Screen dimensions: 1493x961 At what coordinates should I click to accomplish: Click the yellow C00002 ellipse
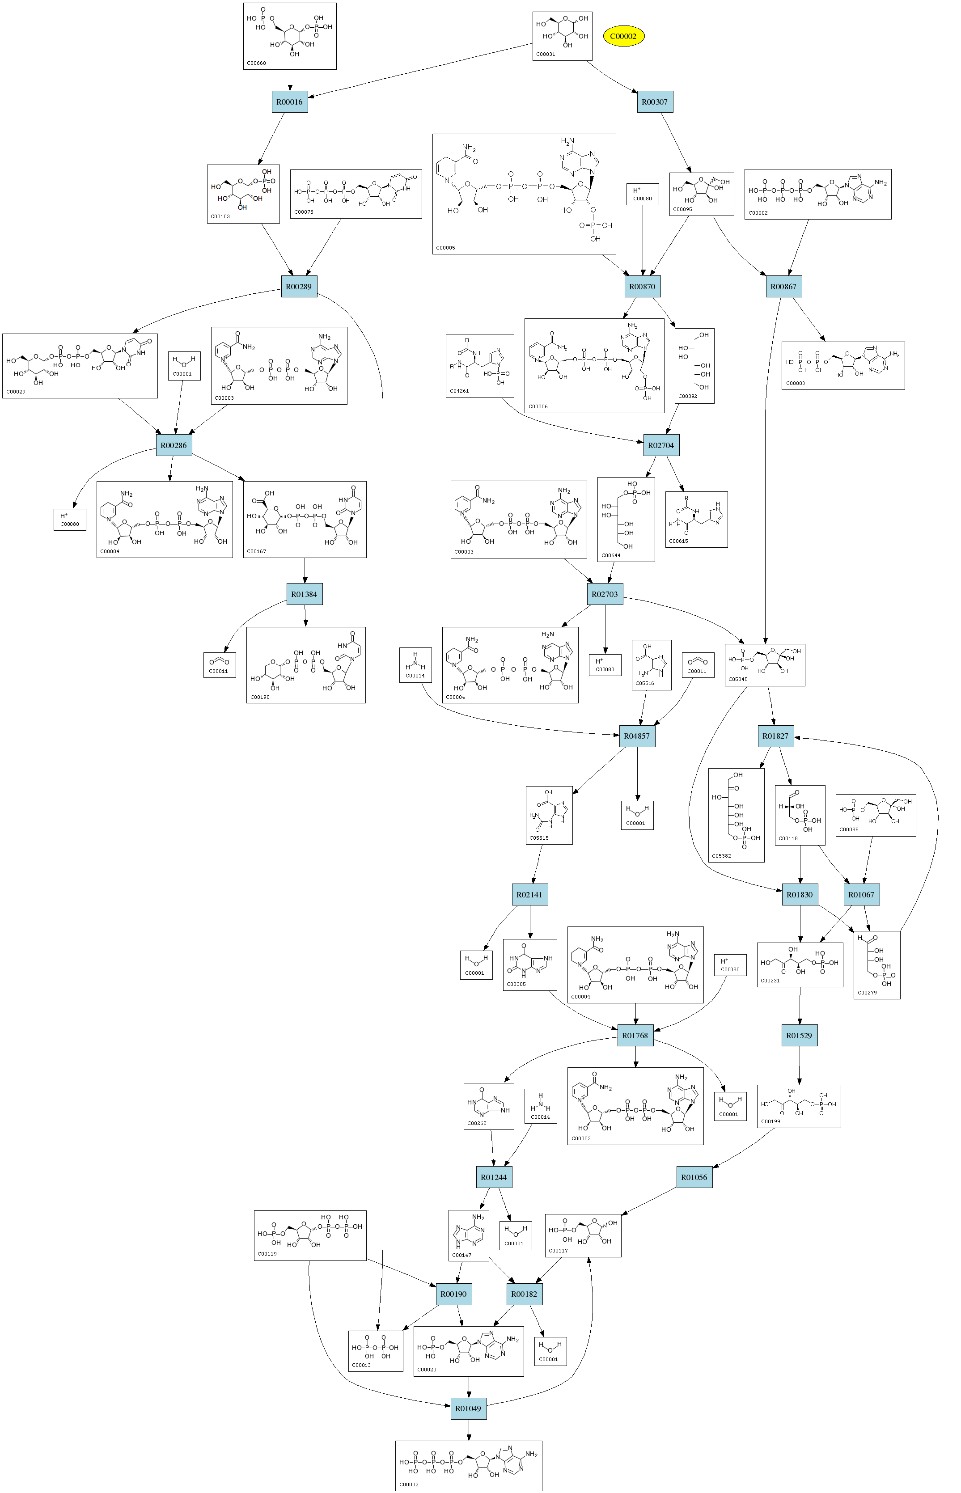click(x=623, y=36)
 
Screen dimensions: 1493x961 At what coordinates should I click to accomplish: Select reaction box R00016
click(x=289, y=102)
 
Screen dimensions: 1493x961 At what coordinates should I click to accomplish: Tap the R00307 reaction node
click(x=655, y=102)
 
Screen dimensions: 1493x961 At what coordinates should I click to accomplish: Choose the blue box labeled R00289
click(x=299, y=286)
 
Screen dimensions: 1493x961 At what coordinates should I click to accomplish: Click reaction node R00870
click(x=642, y=286)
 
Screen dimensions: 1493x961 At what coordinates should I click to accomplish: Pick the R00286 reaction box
click(x=174, y=445)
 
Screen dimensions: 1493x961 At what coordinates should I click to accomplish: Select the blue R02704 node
click(x=661, y=445)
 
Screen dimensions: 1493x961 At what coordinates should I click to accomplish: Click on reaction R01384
click(x=304, y=594)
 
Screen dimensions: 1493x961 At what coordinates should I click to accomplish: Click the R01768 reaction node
click(x=635, y=1035)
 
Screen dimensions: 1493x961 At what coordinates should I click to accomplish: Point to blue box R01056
click(x=694, y=1177)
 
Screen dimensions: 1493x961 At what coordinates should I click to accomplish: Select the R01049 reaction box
click(x=468, y=1408)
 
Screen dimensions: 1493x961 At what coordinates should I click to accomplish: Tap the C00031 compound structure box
click(x=562, y=36)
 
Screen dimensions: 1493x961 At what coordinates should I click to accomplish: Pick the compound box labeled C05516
click(x=652, y=664)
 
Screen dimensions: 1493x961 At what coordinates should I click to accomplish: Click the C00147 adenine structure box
click(x=468, y=1235)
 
